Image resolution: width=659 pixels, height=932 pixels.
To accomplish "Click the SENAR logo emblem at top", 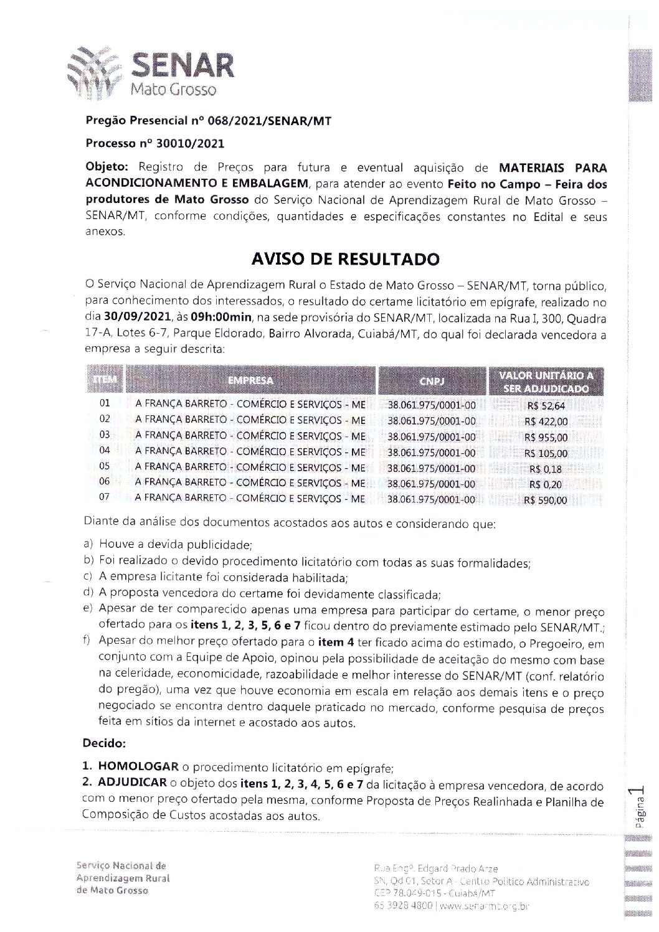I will tap(94, 74).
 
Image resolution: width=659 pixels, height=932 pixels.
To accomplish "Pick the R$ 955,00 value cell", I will tap(546, 438).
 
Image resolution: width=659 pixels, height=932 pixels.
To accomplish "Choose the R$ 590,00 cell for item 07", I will tap(546, 500).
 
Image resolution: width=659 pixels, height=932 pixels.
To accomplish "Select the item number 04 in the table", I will tap(105, 450).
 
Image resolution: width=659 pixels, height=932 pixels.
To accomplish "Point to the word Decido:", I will tap(104, 743).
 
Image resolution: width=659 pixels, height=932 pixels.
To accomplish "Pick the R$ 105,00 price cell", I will tap(546, 453).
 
